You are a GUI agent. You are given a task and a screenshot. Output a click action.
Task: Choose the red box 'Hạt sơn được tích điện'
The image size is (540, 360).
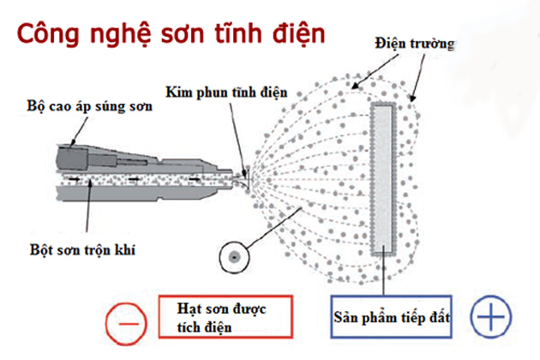[x=225, y=318]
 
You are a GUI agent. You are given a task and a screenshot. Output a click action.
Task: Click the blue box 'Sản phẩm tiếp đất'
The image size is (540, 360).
[x=399, y=318]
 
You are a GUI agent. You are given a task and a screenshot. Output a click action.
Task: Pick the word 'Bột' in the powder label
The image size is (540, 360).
[x=35, y=249]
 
